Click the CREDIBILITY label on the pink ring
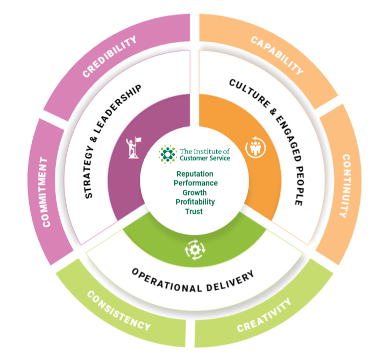point(110,56)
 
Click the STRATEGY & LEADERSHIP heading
point(112,141)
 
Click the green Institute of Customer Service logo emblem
point(168,154)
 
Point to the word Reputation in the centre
point(195,174)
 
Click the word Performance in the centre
point(195,183)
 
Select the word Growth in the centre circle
point(195,192)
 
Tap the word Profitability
point(195,201)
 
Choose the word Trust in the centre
point(195,211)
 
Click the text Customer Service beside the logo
point(205,158)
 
